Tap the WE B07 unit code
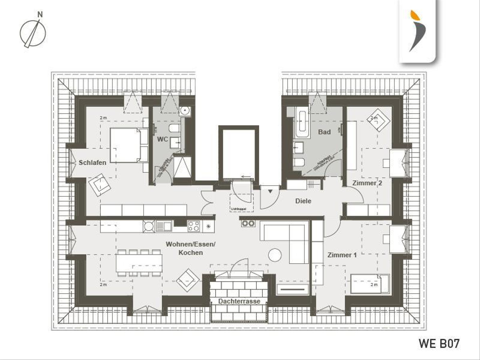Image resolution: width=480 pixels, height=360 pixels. pos(439,343)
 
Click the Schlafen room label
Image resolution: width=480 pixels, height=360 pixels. pos(92,162)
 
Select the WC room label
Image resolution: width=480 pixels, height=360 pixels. pos(162,139)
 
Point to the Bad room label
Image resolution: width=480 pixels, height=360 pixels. pos(324,132)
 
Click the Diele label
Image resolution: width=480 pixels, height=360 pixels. pos(303,201)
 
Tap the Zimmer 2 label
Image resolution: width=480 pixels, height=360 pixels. pos(367,183)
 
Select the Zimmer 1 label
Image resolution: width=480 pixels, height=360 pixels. pos(342,255)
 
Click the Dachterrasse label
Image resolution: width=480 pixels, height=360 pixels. pos(239,301)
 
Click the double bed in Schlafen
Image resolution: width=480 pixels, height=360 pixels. pos(128,145)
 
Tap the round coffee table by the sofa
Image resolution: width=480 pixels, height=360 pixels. pos(275,255)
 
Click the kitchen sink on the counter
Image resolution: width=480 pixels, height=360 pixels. pos(164,226)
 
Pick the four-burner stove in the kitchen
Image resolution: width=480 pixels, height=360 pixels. pos(194,226)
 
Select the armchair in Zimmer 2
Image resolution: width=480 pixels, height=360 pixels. pos(378,120)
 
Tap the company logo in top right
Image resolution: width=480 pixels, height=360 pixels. pos(417,31)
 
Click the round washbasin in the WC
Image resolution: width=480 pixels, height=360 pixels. pos(185,111)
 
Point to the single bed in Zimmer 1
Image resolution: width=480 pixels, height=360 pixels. pos(369,284)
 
